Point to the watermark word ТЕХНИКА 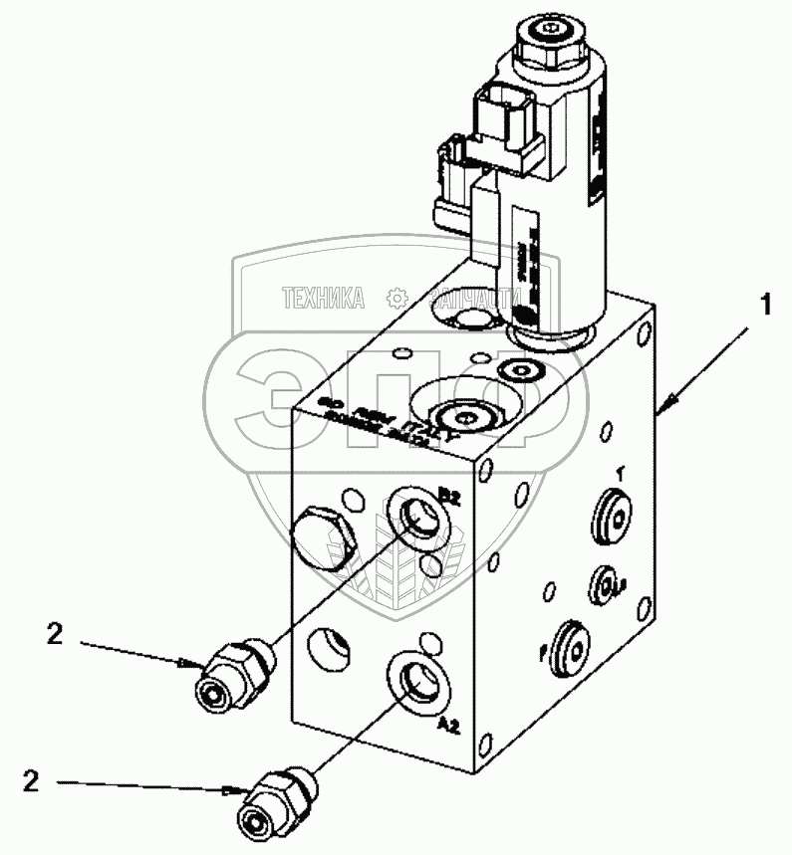(x=323, y=296)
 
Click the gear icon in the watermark (x=396, y=296)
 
